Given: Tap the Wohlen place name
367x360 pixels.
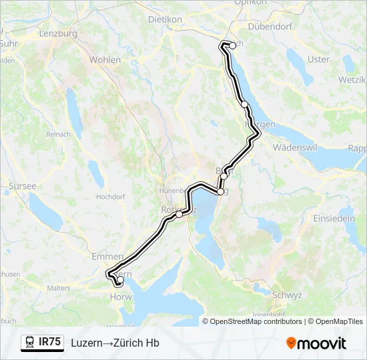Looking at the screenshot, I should click(105, 60).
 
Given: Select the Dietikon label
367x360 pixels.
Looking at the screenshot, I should click(165, 20).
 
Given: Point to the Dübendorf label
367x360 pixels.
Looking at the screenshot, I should click(271, 27).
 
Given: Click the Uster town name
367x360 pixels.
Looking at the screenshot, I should click(319, 59).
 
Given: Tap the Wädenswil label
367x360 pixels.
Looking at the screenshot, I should click(298, 147).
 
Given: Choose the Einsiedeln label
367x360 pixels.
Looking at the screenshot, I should click(334, 219).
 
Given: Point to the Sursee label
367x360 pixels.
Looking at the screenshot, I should click(22, 186).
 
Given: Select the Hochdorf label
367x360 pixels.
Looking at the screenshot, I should click(110, 197).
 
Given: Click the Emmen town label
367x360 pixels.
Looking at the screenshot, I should click(107, 256).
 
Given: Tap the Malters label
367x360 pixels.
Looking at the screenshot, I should click(59, 288).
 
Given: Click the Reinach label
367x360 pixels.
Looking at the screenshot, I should click(58, 135).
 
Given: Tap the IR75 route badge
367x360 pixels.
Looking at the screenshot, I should click(50, 342).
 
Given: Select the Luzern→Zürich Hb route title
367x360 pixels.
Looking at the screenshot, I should click(115, 343).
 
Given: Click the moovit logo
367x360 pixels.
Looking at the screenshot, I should click(316, 343).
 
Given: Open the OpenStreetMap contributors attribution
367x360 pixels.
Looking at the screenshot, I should click(256, 321).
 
